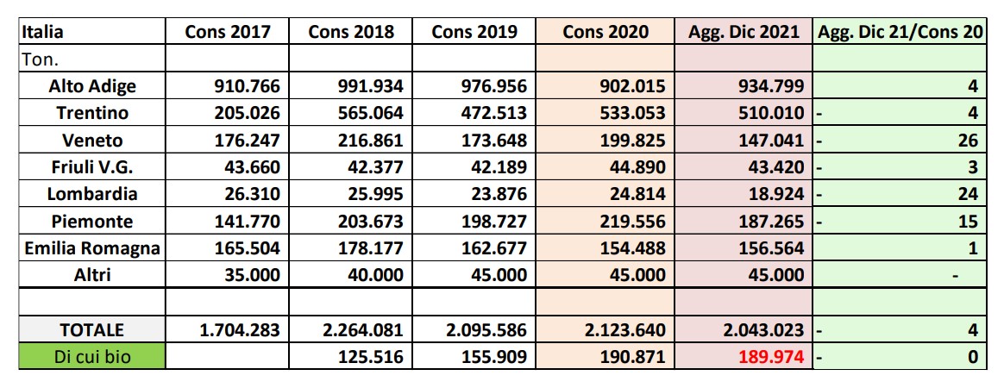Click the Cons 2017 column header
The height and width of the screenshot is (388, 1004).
pos(228,32)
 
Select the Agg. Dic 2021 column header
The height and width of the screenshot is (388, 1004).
pos(744,32)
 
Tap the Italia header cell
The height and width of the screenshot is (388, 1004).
pos(41,32)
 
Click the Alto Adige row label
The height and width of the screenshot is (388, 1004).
pos(92,86)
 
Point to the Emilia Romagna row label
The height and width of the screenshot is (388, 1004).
pos(92,248)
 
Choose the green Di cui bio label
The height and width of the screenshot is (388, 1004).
pos(92,356)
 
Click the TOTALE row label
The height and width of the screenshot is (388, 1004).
pos(92,329)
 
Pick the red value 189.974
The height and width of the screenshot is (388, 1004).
pos(770,356)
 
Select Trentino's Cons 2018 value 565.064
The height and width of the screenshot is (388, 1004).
pos(371,113)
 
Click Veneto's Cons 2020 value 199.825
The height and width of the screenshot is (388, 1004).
pos(632,141)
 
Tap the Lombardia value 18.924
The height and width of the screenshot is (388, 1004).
pos(775,194)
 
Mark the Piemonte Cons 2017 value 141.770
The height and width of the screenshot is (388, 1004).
pos(248,222)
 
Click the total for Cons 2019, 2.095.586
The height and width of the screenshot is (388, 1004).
pos(486,329)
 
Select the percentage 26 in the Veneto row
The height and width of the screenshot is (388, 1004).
pos(969,141)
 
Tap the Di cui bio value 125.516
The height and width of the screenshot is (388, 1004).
pos(371,356)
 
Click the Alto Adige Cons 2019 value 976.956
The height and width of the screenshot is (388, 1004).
pos(494,86)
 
